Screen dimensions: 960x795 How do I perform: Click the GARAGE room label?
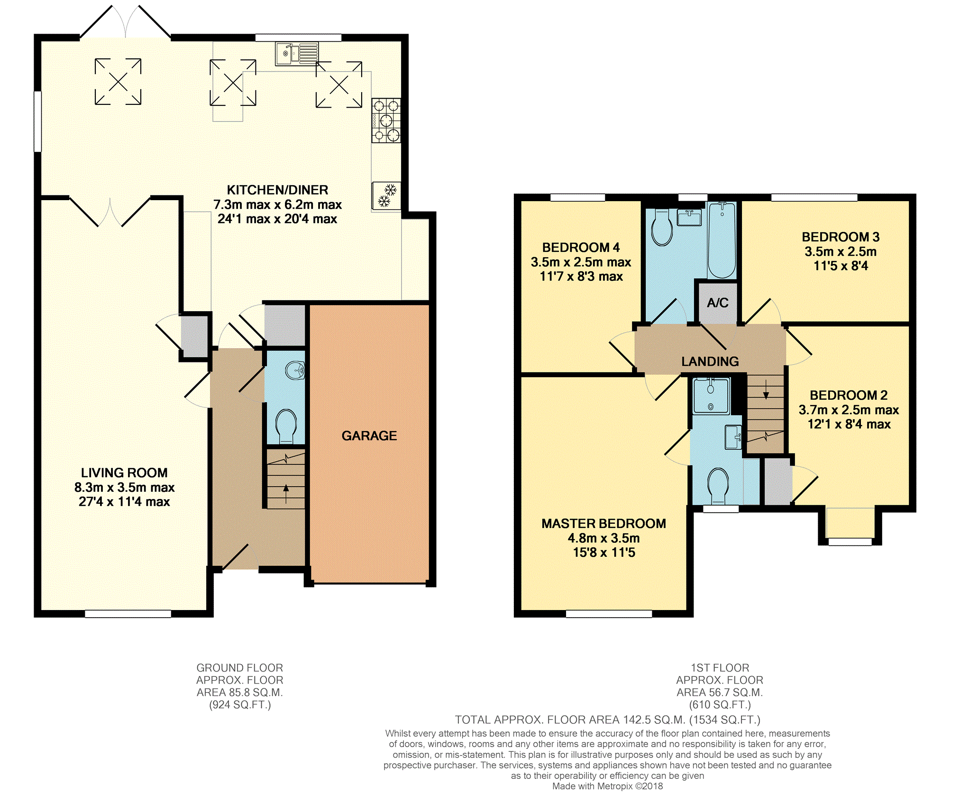tap(369, 435)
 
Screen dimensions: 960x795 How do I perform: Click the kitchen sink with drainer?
tap(297, 54)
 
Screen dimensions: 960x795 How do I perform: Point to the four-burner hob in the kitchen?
tap(386, 120)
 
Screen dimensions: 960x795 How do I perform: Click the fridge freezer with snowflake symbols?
tap(386, 196)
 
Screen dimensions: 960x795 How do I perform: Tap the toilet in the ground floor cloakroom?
tap(286, 425)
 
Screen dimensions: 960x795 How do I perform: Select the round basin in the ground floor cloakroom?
tap(296, 370)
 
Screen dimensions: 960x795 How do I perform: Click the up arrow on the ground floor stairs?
tap(285, 493)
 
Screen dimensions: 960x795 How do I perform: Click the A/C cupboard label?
tap(718, 303)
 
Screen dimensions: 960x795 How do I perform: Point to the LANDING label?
tap(710, 361)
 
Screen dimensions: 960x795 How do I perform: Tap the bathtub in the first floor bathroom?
tap(722, 240)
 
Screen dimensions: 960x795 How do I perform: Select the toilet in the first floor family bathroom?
tap(662, 227)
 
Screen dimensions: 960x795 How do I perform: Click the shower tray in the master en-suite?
tap(711, 396)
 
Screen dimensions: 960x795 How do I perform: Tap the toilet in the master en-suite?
tap(718, 486)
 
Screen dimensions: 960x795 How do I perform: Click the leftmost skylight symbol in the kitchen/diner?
tap(118, 82)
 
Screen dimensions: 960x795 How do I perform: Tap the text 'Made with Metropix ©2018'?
tap(607, 786)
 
